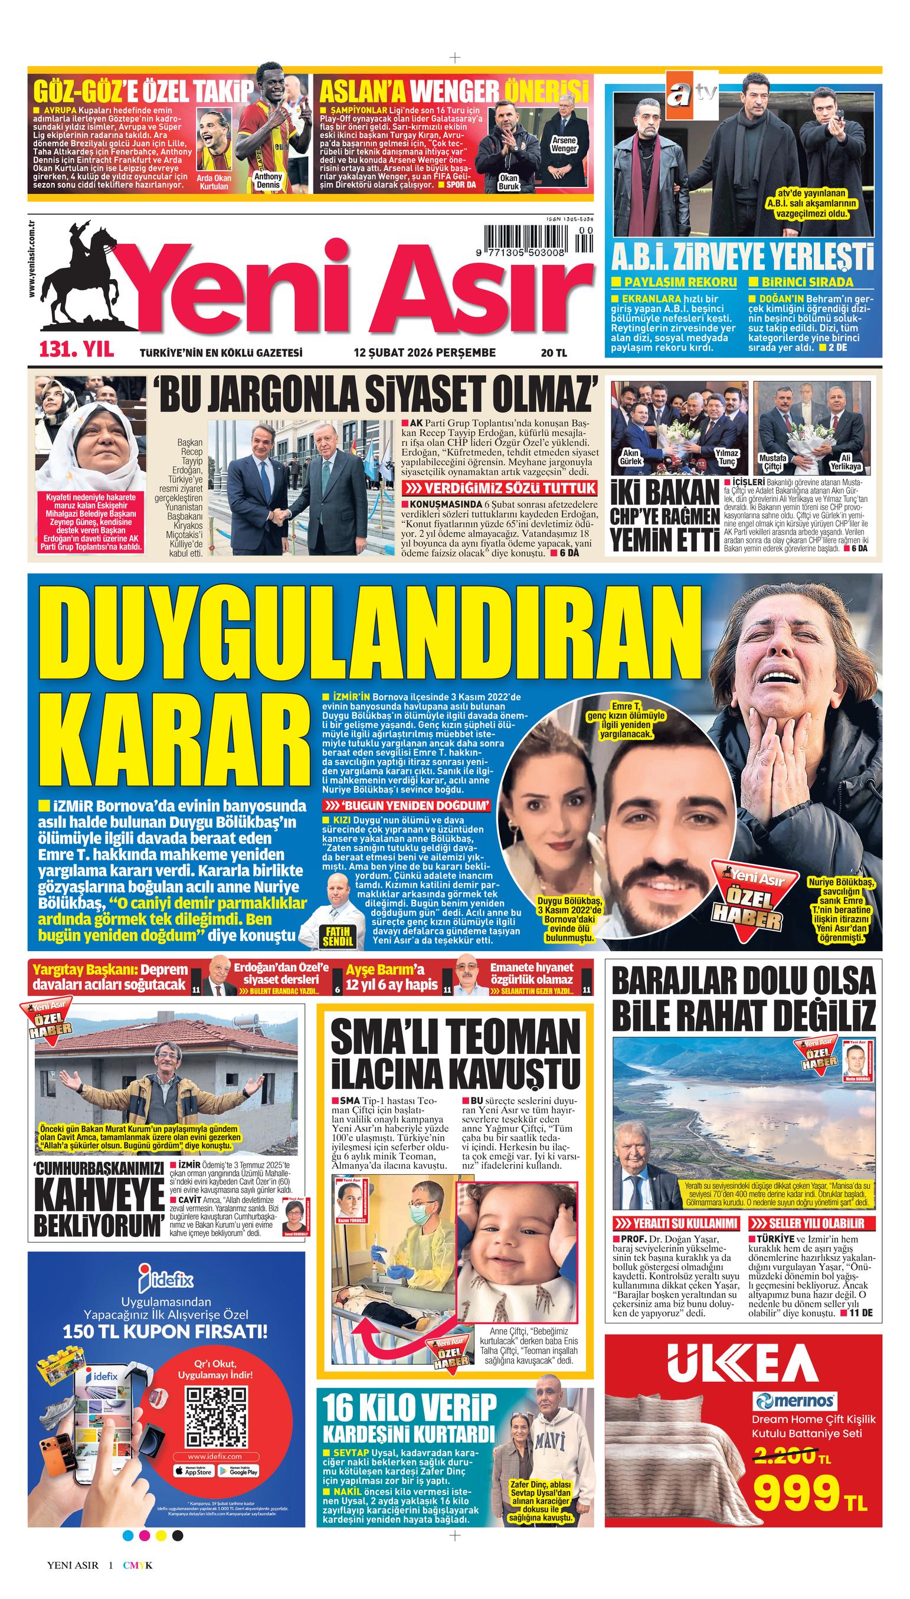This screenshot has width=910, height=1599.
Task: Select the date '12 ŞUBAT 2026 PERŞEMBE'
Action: point(424,353)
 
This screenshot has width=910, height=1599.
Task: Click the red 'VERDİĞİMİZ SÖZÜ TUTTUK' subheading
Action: point(498,489)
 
